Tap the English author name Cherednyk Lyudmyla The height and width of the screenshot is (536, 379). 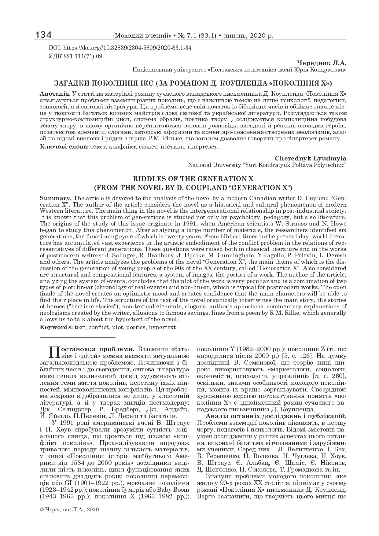(311, 158)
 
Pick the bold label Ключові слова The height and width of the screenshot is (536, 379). (64, 147)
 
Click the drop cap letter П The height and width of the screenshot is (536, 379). (53, 351)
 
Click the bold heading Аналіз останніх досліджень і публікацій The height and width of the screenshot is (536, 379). (276, 416)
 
